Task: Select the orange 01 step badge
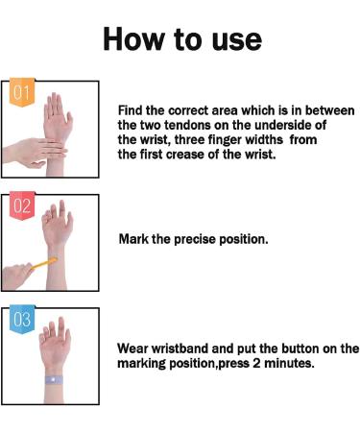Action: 21,94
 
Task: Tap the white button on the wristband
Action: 51,381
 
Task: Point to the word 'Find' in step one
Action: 132,110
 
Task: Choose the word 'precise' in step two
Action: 198,237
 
